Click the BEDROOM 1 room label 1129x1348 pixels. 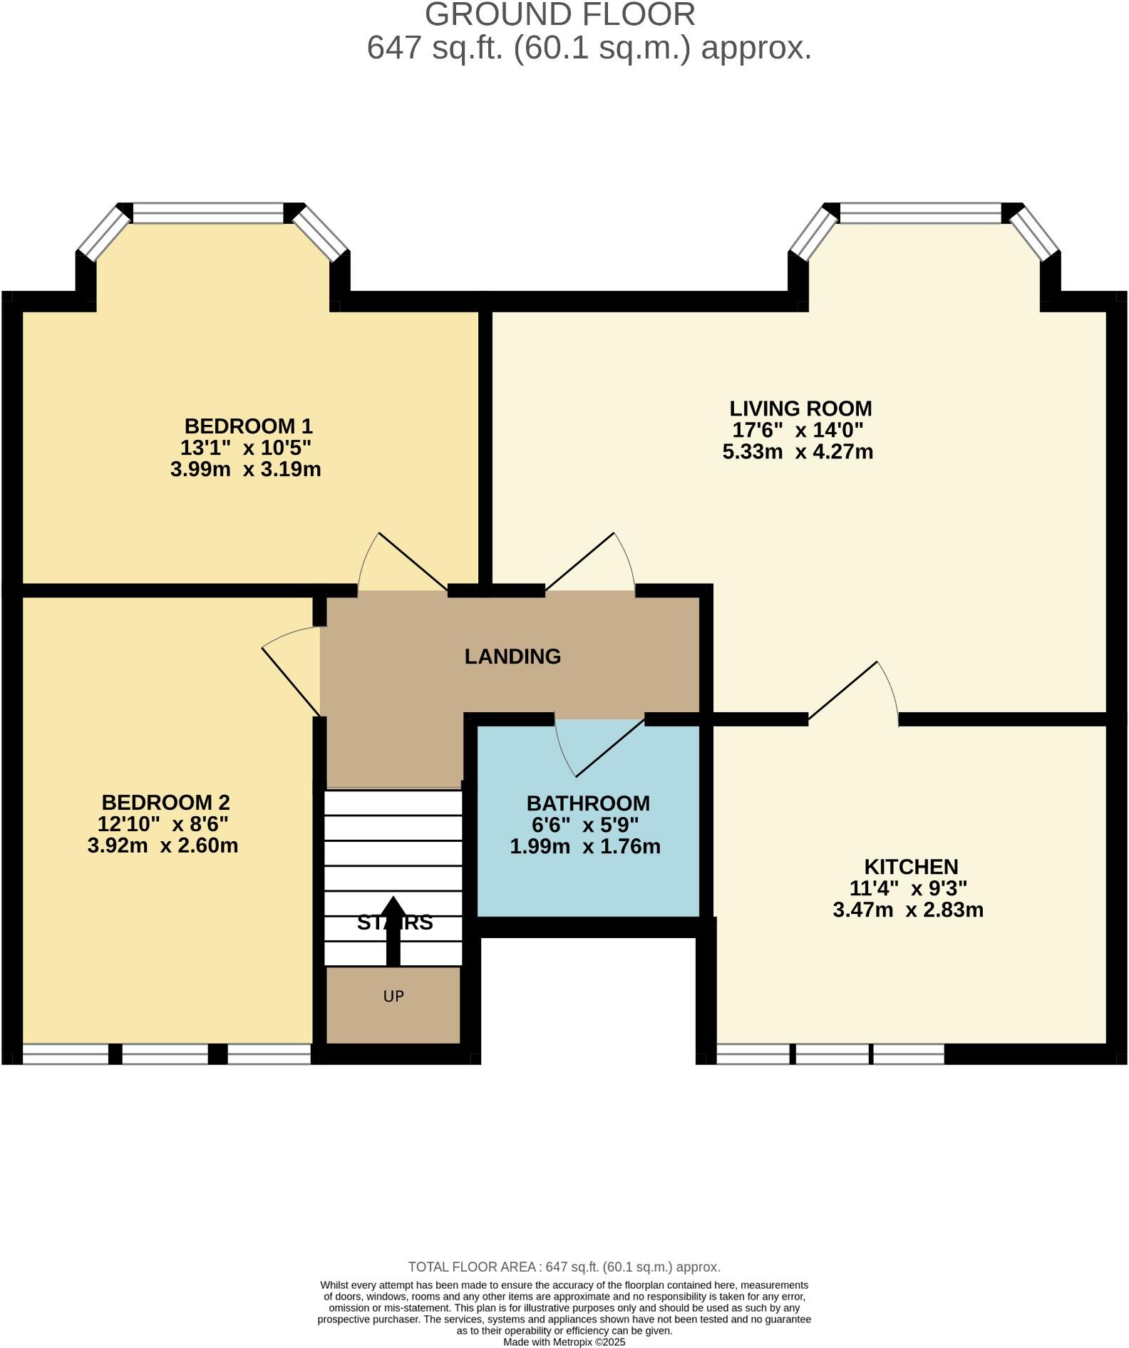(248, 426)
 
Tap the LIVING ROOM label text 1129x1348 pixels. (800, 408)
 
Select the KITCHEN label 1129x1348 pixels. (911, 867)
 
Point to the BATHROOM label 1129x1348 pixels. (588, 803)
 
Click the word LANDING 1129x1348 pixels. (512, 657)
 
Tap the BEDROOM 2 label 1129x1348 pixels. (165, 803)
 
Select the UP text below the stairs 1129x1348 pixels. (393, 996)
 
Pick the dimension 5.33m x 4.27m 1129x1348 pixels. (798, 452)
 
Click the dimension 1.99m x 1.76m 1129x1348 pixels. (585, 847)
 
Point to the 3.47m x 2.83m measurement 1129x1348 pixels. (908, 910)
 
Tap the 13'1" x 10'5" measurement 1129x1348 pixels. (246, 448)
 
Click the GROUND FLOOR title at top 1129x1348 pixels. (560, 14)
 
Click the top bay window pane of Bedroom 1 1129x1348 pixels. (208, 212)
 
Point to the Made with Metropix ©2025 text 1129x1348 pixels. (564, 1342)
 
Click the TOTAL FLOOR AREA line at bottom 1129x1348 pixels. (564, 1267)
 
